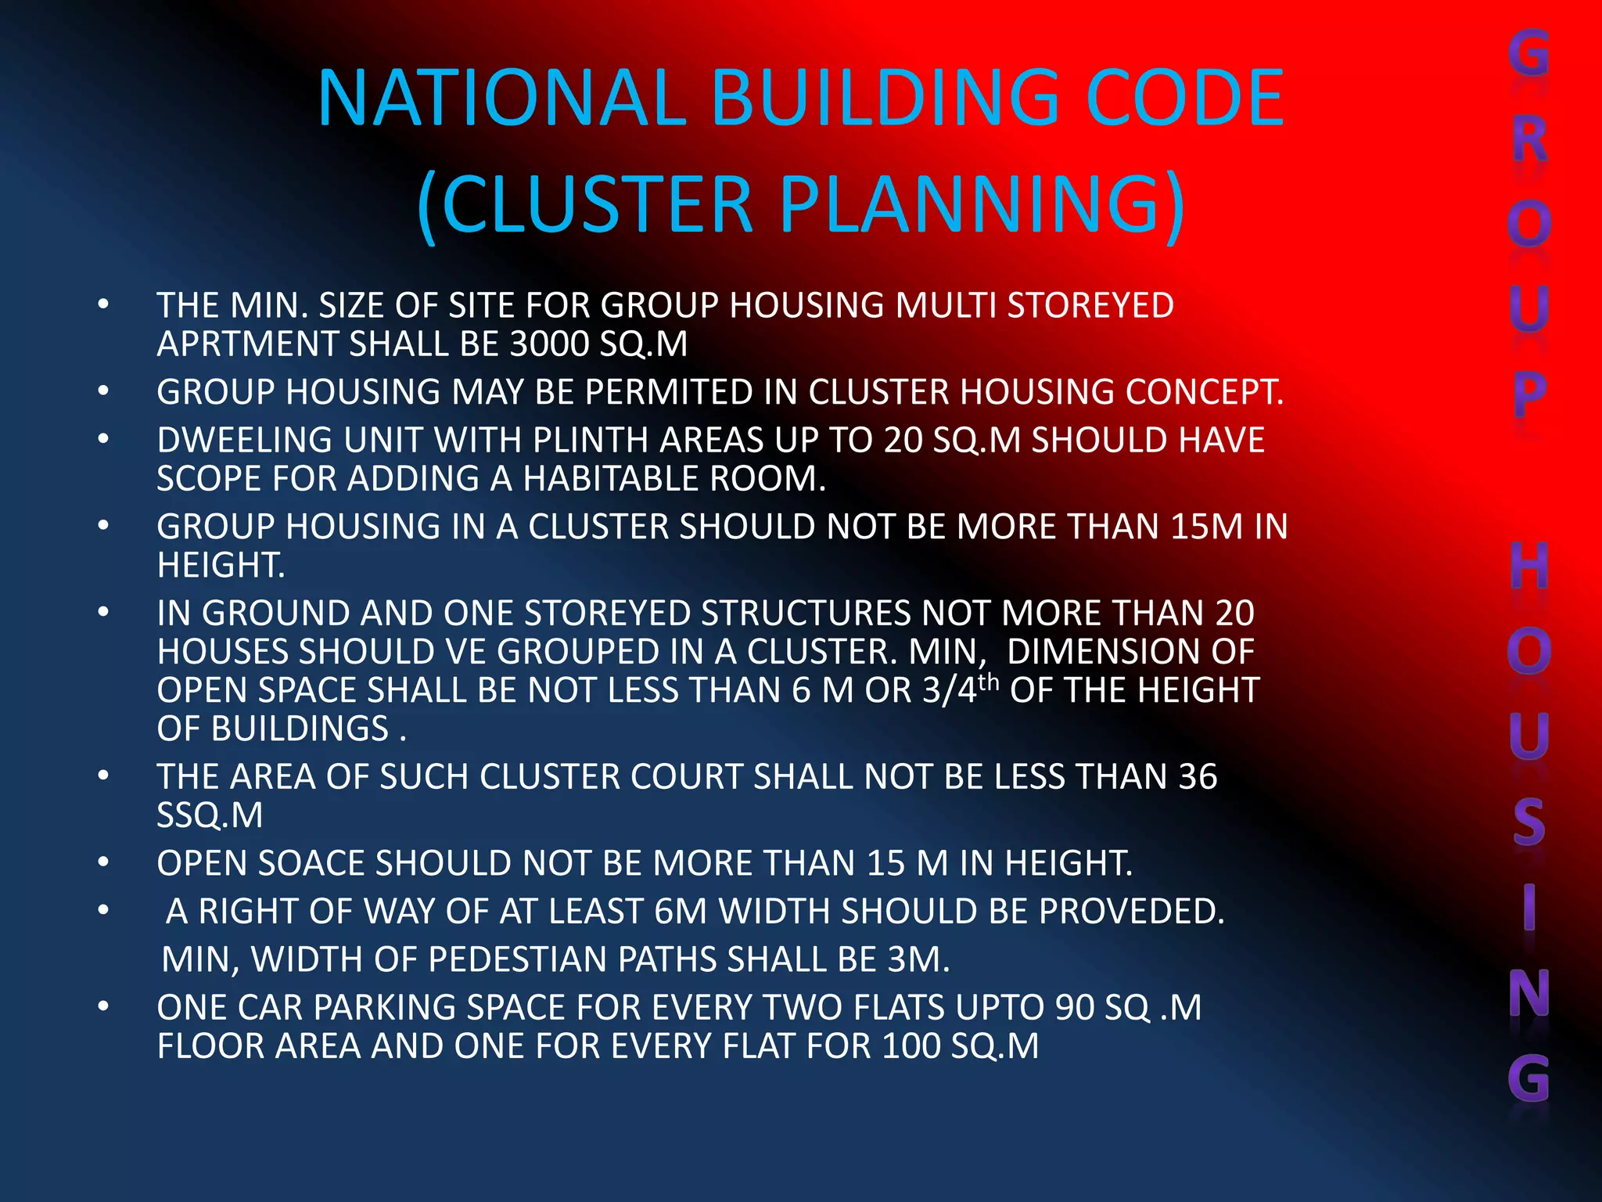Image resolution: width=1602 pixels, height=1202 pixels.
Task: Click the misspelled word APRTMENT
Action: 248,344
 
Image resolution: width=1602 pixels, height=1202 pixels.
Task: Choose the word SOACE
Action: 311,863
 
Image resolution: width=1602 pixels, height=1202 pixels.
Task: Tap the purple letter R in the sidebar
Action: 1529,139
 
